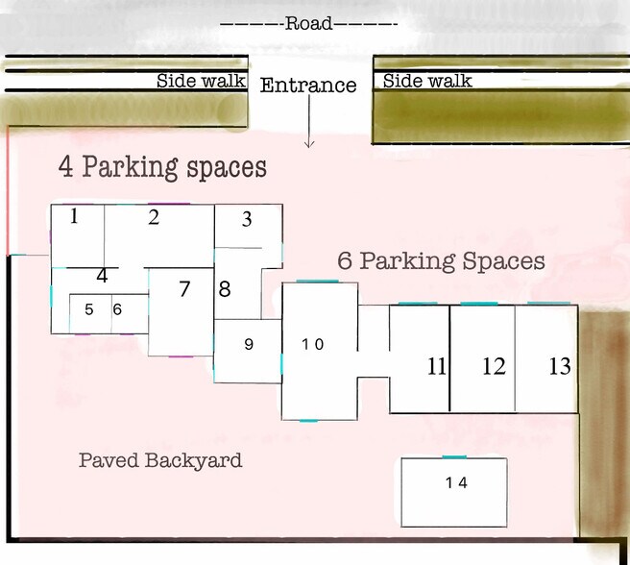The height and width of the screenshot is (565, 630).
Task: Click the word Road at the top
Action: tap(308, 23)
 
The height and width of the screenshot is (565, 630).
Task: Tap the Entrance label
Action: tap(308, 86)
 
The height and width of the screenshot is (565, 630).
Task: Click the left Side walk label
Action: tap(201, 81)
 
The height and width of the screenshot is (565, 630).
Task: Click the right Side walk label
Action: tap(427, 81)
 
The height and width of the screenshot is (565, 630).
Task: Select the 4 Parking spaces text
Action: tap(162, 168)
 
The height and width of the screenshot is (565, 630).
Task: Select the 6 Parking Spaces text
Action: tap(441, 261)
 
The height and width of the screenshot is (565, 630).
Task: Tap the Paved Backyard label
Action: tap(160, 461)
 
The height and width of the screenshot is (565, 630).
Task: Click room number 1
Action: tap(74, 216)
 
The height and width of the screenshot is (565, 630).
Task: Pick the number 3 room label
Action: tap(247, 219)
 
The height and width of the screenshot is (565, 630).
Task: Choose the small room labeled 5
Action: tap(90, 313)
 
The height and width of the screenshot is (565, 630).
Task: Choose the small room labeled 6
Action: tap(130, 313)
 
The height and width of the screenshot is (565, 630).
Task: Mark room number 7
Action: tap(184, 288)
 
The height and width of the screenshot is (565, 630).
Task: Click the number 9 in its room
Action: tap(249, 344)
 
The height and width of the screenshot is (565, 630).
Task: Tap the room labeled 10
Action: tap(320, 351)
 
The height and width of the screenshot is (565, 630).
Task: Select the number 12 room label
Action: tap(494, 366)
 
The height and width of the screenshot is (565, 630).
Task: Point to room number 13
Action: tap(560, 366)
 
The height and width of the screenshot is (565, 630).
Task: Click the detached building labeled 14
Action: tap(454, 492)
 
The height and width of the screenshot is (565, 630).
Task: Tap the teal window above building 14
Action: tap(454, 457)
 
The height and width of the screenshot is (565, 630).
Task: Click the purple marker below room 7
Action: tap(181, 356)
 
